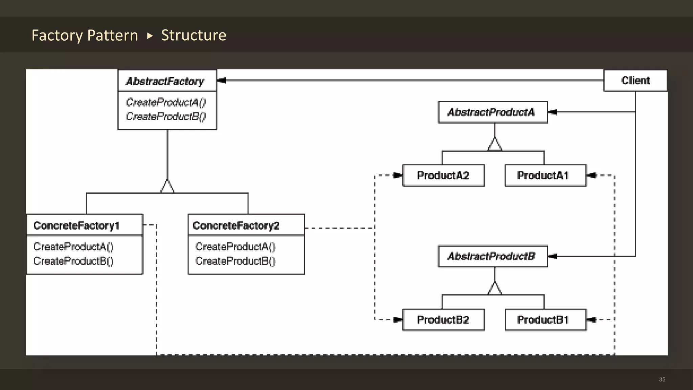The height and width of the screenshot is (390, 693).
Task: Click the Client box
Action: point(635,81)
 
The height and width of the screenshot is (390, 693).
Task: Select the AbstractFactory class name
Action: point(165,81)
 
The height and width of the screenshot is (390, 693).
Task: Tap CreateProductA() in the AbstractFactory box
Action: point(166,102)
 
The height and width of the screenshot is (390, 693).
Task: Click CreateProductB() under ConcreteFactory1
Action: point(73,261)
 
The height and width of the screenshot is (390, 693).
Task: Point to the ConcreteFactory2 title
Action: point(236,225)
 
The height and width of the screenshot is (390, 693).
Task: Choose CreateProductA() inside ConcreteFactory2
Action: point(235,247)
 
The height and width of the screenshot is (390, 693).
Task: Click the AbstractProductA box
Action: point(492,112)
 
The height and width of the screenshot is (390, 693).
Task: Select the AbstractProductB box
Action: point(492,256)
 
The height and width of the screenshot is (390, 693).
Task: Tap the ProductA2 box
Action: point(443,175)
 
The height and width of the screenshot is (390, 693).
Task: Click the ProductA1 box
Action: point(545,175)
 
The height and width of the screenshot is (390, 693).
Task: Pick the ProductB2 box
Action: point(443,320)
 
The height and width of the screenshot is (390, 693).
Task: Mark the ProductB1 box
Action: point(545,320)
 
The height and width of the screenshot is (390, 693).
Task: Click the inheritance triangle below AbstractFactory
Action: point(167,187)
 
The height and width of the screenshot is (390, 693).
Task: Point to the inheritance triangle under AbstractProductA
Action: point(495,145)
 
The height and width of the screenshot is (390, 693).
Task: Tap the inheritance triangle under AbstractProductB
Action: point(495,289)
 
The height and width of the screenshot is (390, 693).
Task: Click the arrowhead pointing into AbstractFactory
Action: point(221,80)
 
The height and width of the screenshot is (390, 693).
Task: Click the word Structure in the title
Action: point(194,35)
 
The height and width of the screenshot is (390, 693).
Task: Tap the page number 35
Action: point(662,380)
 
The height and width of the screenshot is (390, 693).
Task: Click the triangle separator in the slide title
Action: point(150,36)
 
